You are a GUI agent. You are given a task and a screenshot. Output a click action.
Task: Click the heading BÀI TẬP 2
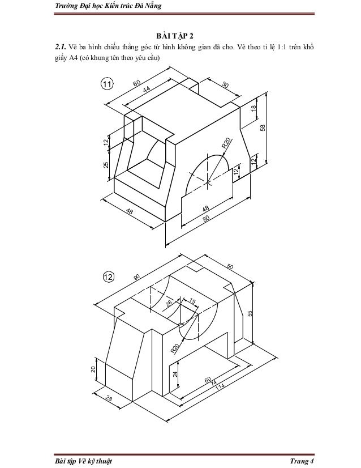tap(175, 36)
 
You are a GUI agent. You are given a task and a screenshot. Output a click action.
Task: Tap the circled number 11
tap(107, 84)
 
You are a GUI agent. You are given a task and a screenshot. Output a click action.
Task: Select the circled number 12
tap(109, 277)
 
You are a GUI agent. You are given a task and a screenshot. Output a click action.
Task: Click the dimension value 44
tap(147, 90)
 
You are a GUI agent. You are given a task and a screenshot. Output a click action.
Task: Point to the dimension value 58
tap(263, 127)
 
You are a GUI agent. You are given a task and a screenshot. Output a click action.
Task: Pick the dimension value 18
tap(253, 108)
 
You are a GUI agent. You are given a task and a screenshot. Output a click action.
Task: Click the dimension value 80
tap(206, 218)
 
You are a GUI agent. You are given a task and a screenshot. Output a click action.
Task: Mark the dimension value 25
tap(106, 164)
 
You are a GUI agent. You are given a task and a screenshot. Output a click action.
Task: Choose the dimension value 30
tap(225, 85)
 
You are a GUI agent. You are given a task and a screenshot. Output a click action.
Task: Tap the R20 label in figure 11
tap(226, 143)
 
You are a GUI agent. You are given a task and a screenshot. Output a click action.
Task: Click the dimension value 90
tap(136, 277)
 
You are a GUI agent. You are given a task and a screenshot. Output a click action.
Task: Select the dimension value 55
tap(250, 313)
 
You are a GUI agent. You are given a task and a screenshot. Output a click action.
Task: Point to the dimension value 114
tap(220, 387)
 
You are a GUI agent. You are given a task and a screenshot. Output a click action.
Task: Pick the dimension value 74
tap(213, 383)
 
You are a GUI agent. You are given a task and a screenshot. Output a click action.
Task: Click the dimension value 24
tap(175, 374)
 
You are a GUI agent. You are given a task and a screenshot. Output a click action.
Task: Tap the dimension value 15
tap(192, 301)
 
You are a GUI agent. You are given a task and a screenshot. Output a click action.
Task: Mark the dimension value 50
tap(230, 266)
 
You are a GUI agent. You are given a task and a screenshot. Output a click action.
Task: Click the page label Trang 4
tap(302, 461)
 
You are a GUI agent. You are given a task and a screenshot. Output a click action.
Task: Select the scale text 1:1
tap(281, 47)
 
